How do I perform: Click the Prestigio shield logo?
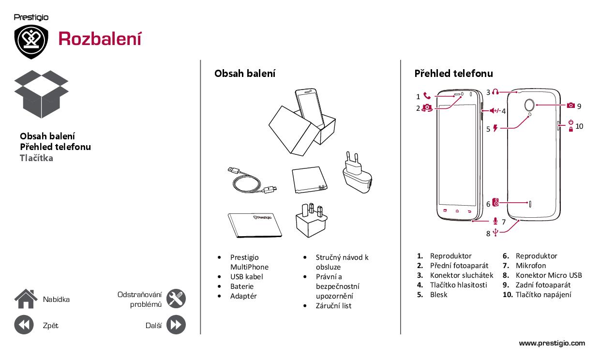(31, 42)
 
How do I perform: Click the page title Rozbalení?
(100, 39)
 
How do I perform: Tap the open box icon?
(41, 94)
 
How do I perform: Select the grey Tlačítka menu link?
(36, 158)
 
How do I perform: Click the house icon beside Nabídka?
(26, 299)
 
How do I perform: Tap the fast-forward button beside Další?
(176, 325)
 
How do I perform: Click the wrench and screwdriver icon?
(176, 299)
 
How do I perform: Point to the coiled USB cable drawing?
(252, 181)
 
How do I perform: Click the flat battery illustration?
(309, 180)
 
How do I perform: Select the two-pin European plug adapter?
(357, 172)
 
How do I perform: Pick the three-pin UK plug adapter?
(312, 221)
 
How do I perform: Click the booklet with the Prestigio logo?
(255, 225)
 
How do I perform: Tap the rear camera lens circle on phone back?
(529, 105)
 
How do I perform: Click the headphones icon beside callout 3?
(495, 92)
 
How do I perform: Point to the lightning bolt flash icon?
(495, 128)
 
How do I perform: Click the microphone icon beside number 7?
(495, 221)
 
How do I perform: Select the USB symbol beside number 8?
(495, 232)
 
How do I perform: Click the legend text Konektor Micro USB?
(549, 275)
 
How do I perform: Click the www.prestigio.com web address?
(552, 343)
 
